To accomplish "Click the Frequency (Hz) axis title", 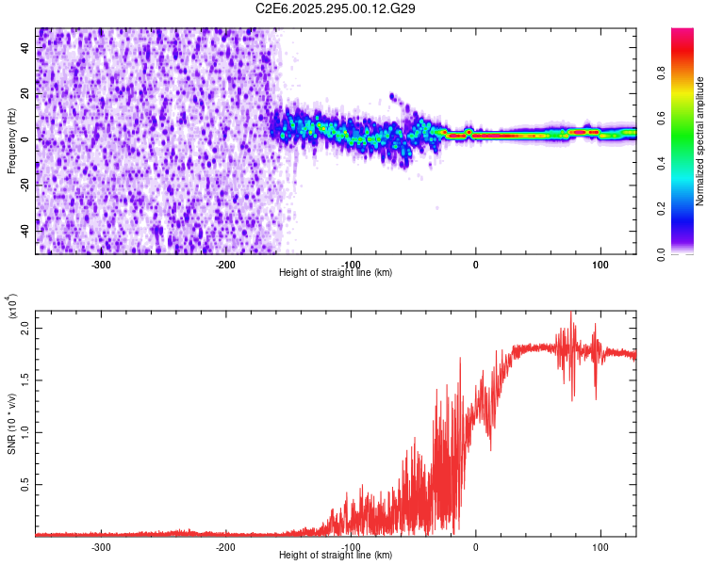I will (12, 140).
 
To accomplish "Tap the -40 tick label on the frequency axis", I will (25, 231).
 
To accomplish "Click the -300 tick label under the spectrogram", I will (101, 264).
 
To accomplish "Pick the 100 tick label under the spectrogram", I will (600, 264).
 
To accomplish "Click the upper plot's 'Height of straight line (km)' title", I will (336, 273).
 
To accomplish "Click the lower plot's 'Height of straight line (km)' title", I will (336, 555).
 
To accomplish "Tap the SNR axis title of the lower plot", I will (12, 423).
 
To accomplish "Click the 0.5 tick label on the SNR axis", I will (25, 484).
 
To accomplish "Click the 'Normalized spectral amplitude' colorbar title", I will (699, 141).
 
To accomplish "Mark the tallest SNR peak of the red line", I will (571, 314).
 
